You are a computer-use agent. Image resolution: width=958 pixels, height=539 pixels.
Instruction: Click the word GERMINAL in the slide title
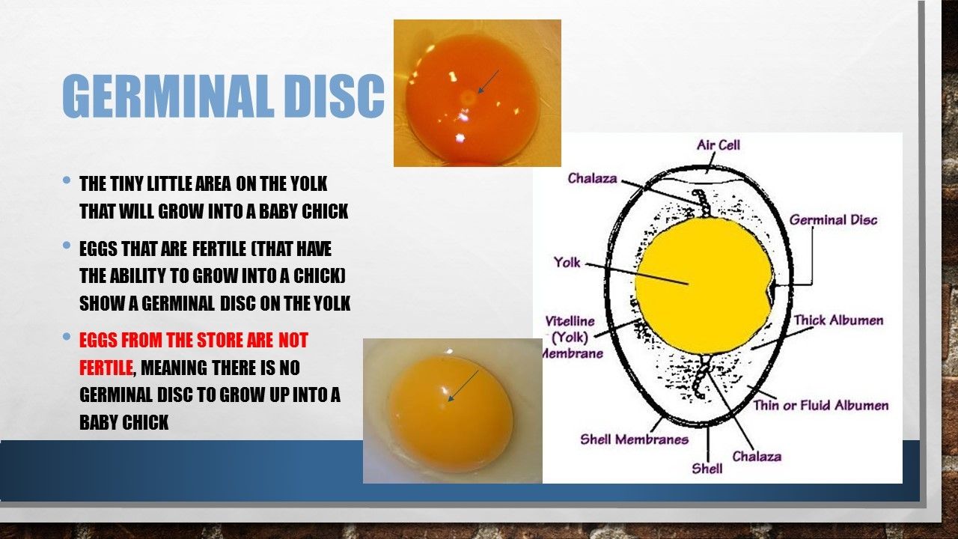[168, 96]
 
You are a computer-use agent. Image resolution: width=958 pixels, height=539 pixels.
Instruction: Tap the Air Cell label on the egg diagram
[718, 145]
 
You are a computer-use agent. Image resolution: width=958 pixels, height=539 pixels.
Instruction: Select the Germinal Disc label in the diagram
[833, 220]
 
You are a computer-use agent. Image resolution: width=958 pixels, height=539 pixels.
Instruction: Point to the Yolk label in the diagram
[567, 262]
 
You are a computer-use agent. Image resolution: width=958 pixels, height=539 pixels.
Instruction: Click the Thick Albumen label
[839, 320]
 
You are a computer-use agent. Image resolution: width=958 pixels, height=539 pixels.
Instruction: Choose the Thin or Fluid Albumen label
[821, 405]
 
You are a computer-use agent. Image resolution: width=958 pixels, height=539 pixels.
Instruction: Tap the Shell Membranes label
[634, 439]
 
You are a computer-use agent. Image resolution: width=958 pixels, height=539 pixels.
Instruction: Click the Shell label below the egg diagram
[707, 469]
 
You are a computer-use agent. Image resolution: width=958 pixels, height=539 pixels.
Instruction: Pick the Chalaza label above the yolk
[592, 178]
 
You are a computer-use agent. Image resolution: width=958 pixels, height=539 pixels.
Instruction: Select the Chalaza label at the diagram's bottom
[757, 457]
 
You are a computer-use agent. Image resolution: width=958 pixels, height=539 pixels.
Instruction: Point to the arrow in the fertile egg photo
[488, 82]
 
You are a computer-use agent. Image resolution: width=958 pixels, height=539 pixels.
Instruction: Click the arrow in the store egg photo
[463, 386]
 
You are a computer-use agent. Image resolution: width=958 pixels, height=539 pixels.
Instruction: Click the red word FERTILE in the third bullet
[106, 368]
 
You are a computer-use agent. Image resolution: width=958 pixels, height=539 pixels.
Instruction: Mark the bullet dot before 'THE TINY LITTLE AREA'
[67, 180]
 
